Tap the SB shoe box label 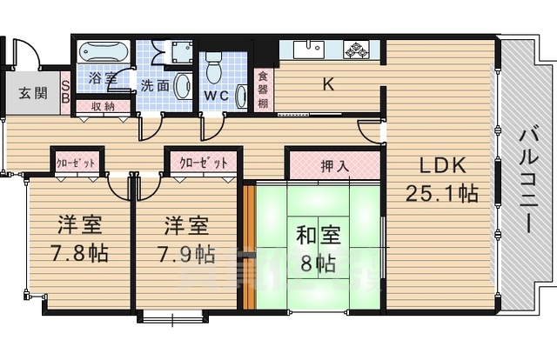point(66,91)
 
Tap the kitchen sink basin point(306,50)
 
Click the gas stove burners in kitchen point(357,50)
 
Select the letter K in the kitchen point(328,84)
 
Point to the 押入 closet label point(334,165)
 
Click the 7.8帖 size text point(79,254)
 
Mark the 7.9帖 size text point(185,254)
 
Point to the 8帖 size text point(314,263)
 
